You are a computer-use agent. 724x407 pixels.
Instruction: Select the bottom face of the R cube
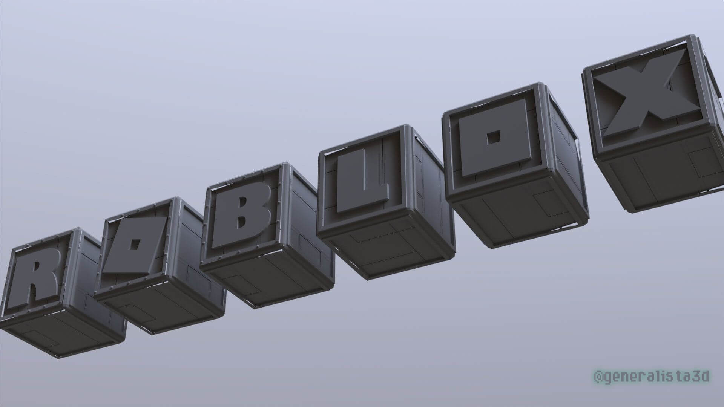pyautogui.click(x=60, y=332)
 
